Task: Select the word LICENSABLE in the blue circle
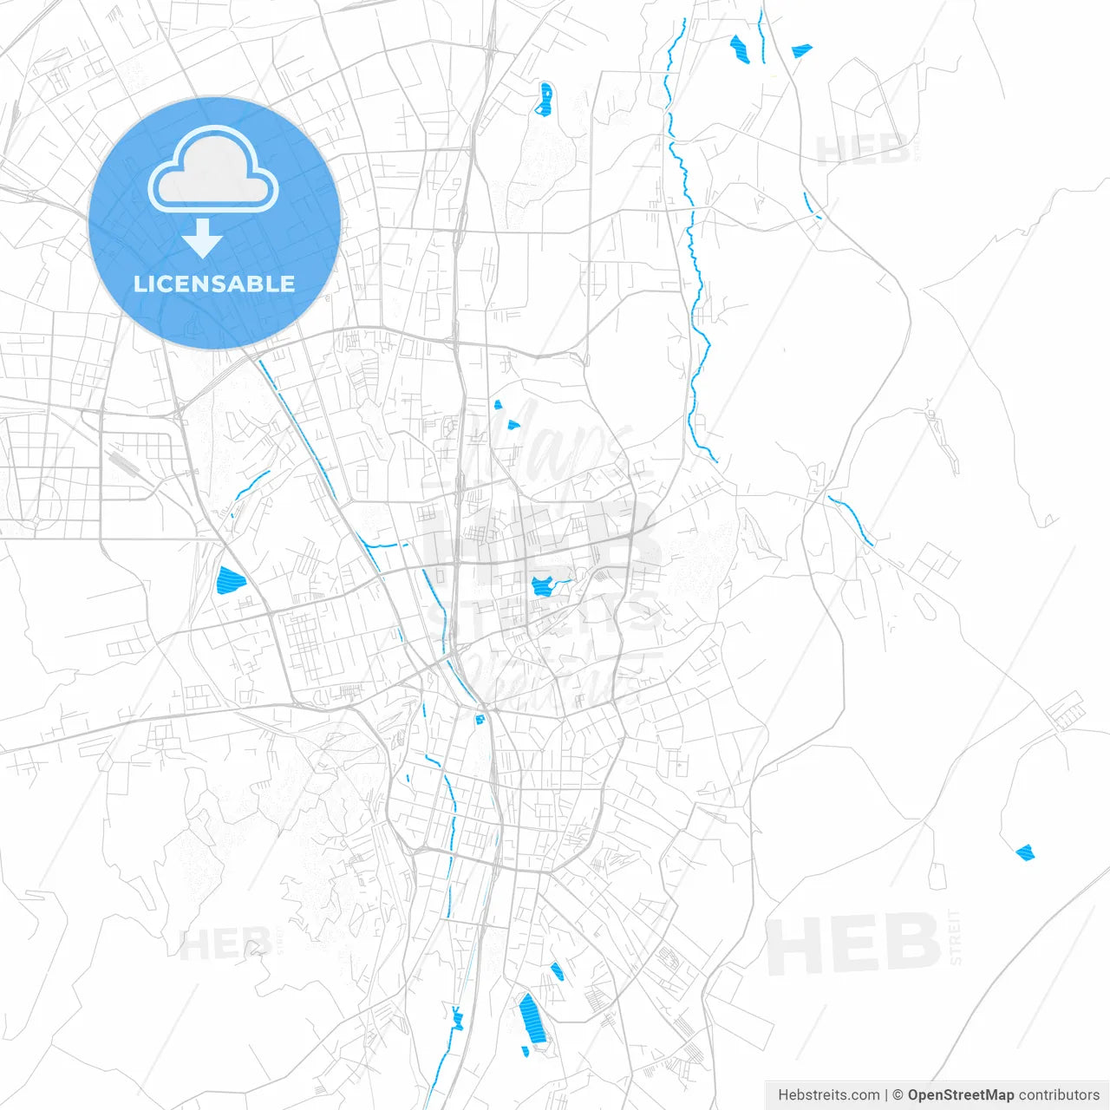click(x=214, y=284)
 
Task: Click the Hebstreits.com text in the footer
click(x=828, y=1095)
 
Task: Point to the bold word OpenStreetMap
click(x=961, y=1095)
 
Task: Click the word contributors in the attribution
click(x=1059, y=1095)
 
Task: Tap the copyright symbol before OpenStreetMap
click(x=898, y=1095)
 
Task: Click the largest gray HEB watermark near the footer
click(x=853, y=944)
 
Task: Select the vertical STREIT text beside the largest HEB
click(x=956, y=937)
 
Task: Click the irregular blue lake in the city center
click(x=543, y=586)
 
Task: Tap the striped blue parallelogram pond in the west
click(x=231, y=579)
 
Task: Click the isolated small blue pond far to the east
click(x=1025, y=852)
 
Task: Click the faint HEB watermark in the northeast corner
click(x=863, y=150)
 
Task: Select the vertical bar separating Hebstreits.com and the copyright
click(x=886, y=1095)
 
